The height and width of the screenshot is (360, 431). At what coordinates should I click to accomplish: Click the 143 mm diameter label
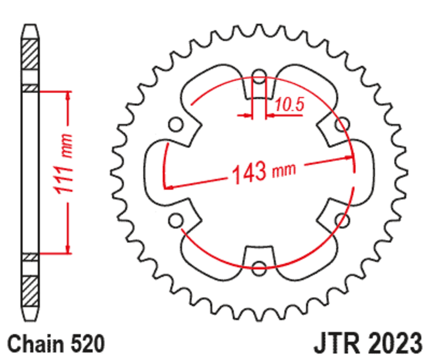(263, 171)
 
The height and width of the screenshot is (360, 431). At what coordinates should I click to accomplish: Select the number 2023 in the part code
(393, 343)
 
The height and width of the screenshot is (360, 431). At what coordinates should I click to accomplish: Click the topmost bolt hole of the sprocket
(259, 78)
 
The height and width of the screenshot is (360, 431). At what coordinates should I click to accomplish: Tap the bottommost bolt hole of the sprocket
(259, 265)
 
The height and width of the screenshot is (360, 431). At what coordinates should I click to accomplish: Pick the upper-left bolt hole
(174, 125)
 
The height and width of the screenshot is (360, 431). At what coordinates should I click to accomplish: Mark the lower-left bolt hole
(174, 219)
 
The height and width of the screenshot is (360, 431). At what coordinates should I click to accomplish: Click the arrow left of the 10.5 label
(247, 114)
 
